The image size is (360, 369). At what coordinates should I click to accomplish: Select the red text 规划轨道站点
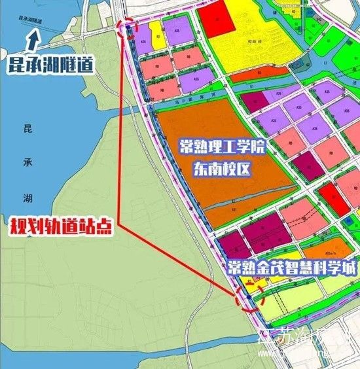point(59,226)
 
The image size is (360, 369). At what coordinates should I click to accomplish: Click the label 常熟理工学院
point(223,147)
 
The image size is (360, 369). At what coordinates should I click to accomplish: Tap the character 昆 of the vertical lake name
point(27,128)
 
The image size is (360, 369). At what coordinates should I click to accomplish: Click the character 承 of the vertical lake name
point(27,160)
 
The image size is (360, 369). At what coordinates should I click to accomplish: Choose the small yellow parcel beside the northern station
point(155,34)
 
